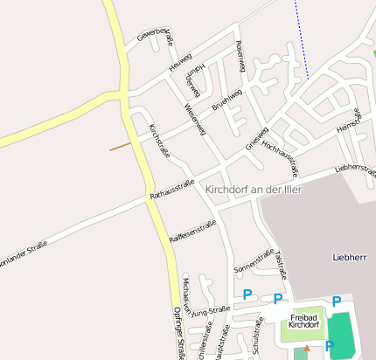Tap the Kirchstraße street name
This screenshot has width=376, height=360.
click(159, 140)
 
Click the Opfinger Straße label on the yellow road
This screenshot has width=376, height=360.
click(178, 333)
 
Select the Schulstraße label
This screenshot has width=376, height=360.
click(258, 336)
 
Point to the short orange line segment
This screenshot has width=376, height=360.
click(120, 146)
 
